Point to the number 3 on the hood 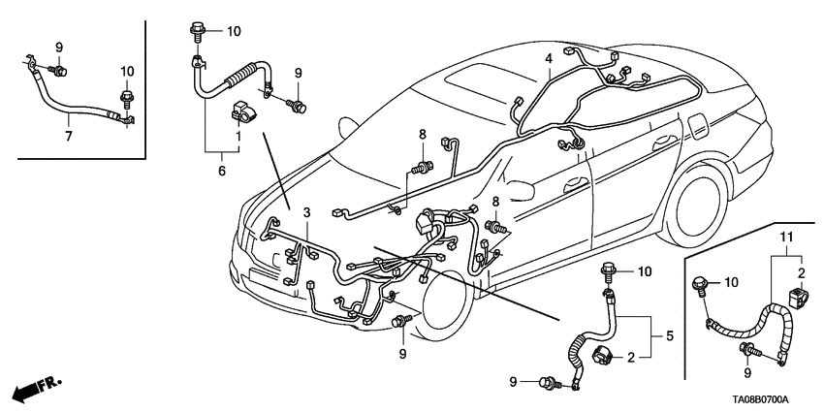[306, 212]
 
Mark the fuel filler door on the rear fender [696, 127]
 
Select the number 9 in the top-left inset [58, 47]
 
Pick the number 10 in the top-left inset [127, 71]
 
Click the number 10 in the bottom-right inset [730, 283]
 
